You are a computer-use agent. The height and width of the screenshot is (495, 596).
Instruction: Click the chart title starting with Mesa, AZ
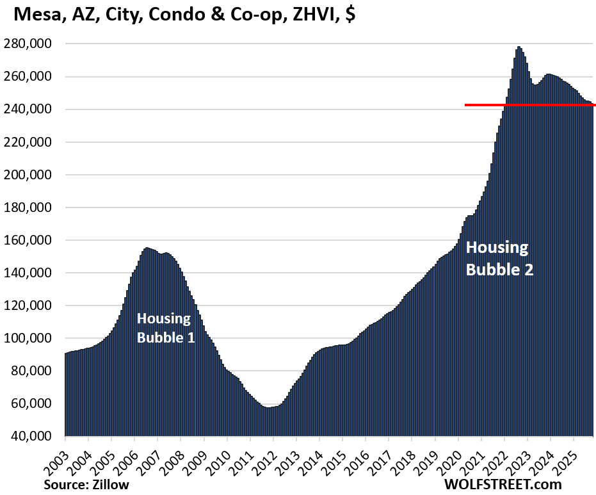point(180,15)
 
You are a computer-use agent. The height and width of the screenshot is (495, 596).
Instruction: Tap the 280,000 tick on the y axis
point(33,44)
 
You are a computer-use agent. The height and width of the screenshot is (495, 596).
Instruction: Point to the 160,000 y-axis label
point(33,240)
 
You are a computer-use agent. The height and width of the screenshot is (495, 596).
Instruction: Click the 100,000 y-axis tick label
point(33,338)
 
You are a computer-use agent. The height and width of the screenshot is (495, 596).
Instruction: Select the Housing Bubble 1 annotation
point(165,328)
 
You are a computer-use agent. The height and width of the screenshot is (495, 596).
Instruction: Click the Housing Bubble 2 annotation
point(499,258)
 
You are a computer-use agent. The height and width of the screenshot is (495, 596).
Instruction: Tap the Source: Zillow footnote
point(86,484)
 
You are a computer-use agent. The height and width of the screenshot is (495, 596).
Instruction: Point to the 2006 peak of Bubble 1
point(147,248)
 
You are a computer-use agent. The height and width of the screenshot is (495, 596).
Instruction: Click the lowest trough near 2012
point(268,407)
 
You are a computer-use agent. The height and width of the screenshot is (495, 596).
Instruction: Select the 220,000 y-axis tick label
point(33,142)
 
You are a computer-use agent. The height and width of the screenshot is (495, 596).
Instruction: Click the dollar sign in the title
point(350,15)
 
